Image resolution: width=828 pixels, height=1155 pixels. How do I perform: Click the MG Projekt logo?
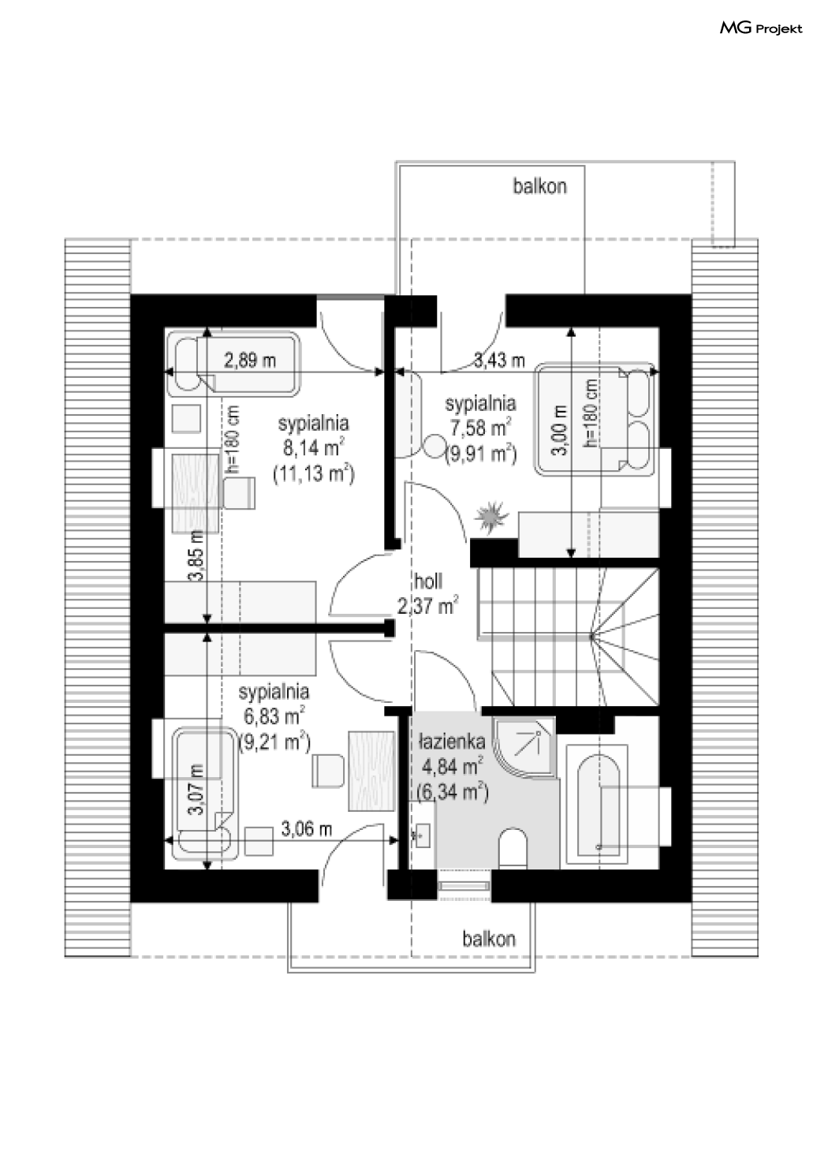(x=760, y=28)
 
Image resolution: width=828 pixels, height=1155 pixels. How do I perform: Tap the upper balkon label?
(x=539, y=186)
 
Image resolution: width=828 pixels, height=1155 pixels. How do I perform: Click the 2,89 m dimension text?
(x=250, y=360)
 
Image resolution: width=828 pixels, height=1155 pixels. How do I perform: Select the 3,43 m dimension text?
(x=498, y=361)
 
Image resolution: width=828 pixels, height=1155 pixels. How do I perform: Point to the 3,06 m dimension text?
(x=306, y=828)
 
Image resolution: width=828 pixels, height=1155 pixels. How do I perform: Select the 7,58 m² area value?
(x=480, y=427)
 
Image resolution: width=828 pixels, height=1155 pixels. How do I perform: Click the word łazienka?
(x=451, y=742)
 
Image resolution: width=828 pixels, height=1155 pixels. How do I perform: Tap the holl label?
(x=428, y=581)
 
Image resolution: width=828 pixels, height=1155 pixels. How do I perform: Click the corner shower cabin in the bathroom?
(x=524, y=746)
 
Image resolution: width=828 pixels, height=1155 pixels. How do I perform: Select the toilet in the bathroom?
(x=513, y=847)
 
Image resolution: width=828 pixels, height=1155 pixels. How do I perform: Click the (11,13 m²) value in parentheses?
(x=313, y=473)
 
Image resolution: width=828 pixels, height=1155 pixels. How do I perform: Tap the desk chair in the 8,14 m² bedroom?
(x=239, y=493)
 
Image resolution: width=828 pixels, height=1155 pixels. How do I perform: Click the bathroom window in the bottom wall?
(x=464, y=885)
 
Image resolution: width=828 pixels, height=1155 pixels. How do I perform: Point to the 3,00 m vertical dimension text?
(x=560, y=429)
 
